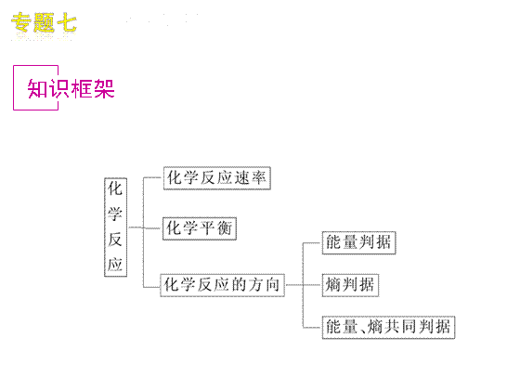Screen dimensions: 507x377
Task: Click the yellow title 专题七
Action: coord(44,22)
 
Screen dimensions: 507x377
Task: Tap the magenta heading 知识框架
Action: coord(71,88)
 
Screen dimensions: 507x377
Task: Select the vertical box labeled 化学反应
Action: coord(115,227)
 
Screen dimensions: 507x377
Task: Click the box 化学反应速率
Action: coord(217,178)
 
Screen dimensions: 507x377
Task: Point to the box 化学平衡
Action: coord(200,228)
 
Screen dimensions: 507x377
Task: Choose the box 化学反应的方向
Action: coord(223,285)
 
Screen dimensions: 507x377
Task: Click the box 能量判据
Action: coord(359,242)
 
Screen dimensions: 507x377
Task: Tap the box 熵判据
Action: coord(350,285)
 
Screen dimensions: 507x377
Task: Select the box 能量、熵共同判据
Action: coord(388,327)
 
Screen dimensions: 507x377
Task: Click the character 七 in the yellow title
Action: coord(67,22)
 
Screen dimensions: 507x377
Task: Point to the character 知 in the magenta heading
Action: coord(37,88)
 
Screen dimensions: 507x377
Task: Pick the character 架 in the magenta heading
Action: coord(104,88)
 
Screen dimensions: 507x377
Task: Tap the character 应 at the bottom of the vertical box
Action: coord(115,265)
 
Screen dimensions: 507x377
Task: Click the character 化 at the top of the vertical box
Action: coord(115,188)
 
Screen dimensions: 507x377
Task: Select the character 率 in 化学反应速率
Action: coord(259,177)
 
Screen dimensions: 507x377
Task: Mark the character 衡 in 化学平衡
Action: coord(225,228)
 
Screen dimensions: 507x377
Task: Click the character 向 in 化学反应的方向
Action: coord(273,284)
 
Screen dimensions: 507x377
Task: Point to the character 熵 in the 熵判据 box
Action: coord(333,285)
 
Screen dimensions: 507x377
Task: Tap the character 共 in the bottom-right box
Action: coord(392,327)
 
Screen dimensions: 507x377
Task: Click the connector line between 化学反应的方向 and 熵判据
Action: coord(304,285)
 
